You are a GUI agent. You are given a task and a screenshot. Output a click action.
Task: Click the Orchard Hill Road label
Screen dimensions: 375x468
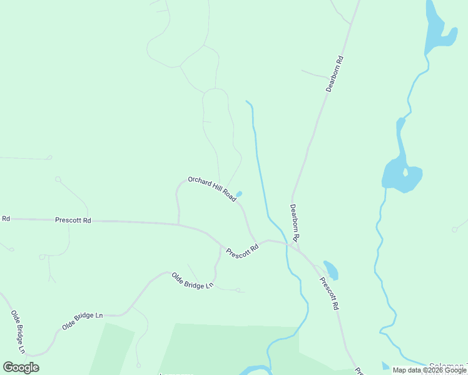pos(211,188)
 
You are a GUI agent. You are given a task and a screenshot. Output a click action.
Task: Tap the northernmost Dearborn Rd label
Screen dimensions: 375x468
pos(335,74)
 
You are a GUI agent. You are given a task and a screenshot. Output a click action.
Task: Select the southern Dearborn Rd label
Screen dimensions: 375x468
pos(295,222)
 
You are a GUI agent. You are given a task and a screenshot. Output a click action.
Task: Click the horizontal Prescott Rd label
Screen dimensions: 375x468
pos(73,220)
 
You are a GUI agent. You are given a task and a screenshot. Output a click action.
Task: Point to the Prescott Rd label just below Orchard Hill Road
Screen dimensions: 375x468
pos(242,251)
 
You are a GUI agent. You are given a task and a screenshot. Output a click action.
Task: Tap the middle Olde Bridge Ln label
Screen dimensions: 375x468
pos(82,321)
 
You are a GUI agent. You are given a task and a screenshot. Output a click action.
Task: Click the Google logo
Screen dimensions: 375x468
pos(21,367)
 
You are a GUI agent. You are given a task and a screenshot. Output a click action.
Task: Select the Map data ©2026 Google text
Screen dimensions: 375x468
pos(430,370)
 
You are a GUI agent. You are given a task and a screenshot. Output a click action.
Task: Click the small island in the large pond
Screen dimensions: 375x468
pos(405,171)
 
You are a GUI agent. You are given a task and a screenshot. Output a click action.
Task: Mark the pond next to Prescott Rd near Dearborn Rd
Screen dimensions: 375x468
pos(330,269)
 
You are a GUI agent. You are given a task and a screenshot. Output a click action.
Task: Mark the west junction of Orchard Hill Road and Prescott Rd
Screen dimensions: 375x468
pos(179,223)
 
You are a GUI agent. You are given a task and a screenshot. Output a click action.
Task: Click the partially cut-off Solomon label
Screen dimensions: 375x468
pos(448,366)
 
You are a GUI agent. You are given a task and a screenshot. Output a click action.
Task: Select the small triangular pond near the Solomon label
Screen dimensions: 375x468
pos(385,366)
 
